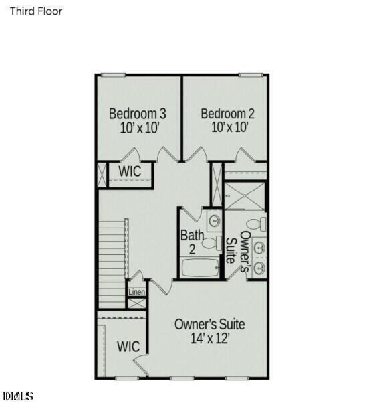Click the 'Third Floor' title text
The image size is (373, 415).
[x=35, y=11]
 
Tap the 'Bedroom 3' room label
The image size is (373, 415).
[x=138, y=113]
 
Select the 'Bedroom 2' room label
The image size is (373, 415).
[x=227, y=113]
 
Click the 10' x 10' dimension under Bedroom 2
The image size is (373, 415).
[x=230, y=127]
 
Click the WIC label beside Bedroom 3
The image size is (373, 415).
[x=130, y=171]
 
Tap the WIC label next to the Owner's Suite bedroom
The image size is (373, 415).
[x=128, y=347]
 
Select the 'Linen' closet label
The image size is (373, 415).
[x=136, y=292]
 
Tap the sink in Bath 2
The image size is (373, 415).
[x=214, y=220]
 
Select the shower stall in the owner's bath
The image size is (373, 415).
[x=243, y=196]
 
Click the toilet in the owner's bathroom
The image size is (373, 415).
[x=255, y=224]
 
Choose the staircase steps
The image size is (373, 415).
[x=112, y=261]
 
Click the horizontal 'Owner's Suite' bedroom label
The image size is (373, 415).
[x=209, y=325]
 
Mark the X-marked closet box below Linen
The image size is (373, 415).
[x=137, y=303]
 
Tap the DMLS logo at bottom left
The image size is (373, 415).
[x=19, y=397]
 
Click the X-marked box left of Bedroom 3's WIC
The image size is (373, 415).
[x=102, y=175]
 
